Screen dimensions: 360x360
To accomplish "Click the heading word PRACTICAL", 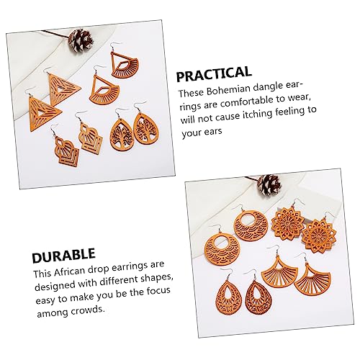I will (214, 73).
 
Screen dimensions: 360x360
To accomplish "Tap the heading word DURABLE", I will (63, 254).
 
